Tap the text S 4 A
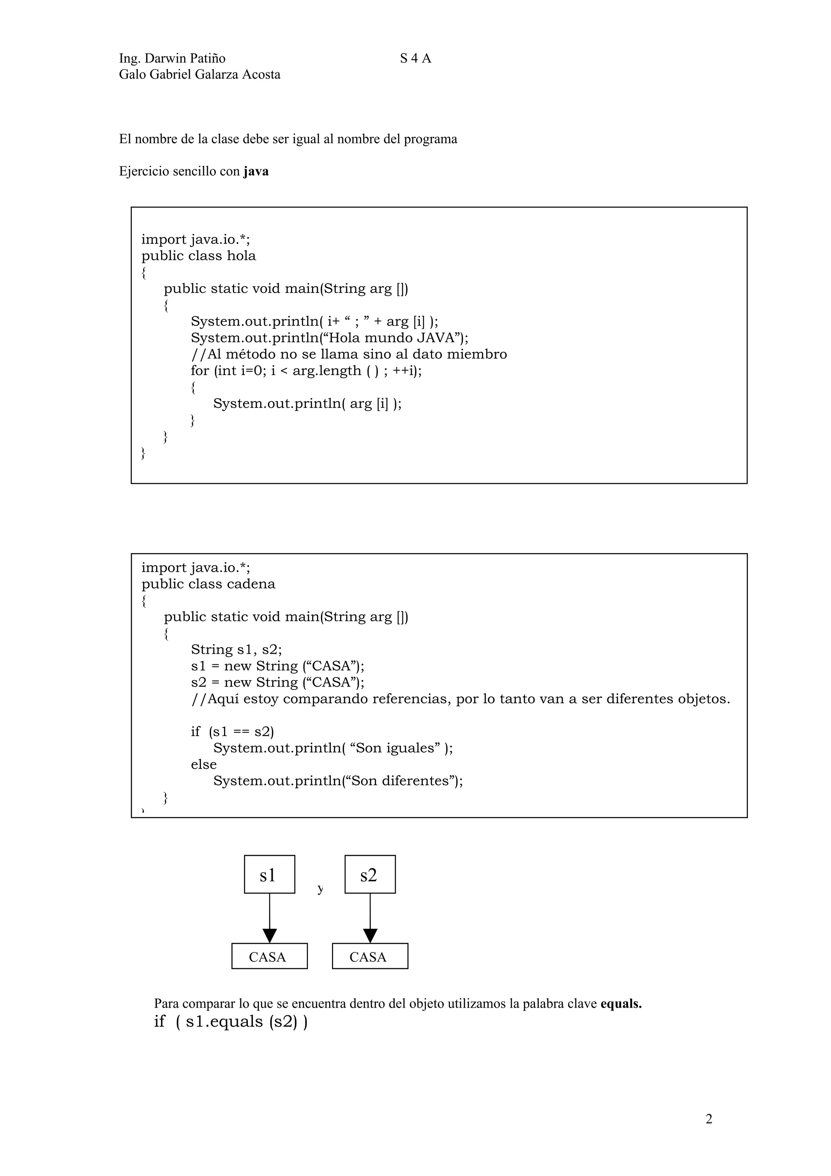(x=415, y=58)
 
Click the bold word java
(x=256, y=171)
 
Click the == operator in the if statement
(x=241, y=731)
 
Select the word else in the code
(x=204, y=764)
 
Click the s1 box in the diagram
(x=269, y=875)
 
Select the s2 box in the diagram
(x=370, y=875)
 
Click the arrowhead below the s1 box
(x=269, y=935)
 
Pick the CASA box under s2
(x=370, y=956)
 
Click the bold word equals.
(x=620, y=1004)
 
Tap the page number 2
(x=708, y=1119)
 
